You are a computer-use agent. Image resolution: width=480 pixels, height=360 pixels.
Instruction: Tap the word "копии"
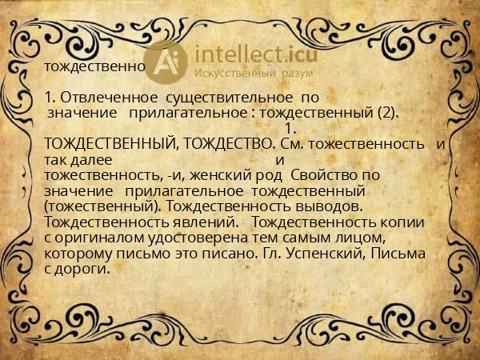point(404,222)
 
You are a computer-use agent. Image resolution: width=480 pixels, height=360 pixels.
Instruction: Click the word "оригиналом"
point(90,238)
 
